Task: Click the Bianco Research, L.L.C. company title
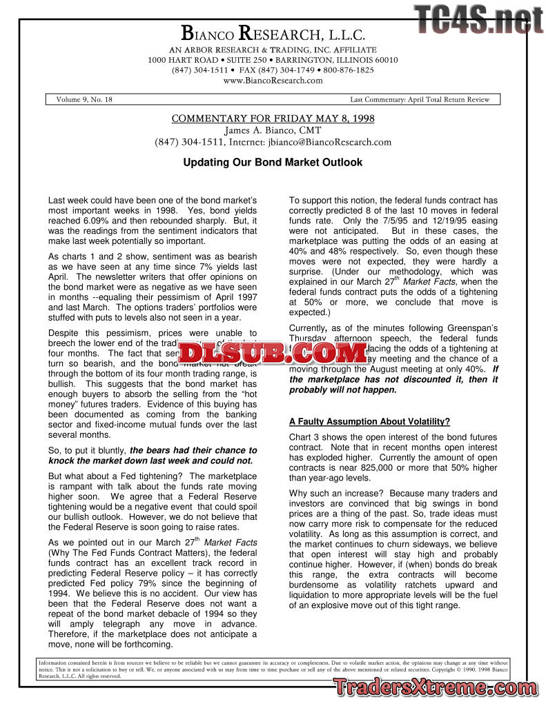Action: [273, 33]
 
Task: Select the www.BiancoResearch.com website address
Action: [273, 80]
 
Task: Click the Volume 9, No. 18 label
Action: [84, 99]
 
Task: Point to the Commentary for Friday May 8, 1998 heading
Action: [273, 119]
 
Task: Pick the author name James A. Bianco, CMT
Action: [273, 130]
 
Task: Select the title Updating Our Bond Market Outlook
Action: [273, 163]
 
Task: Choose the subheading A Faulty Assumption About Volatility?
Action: [369, 421]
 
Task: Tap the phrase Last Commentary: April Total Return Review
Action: [420, 99]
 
